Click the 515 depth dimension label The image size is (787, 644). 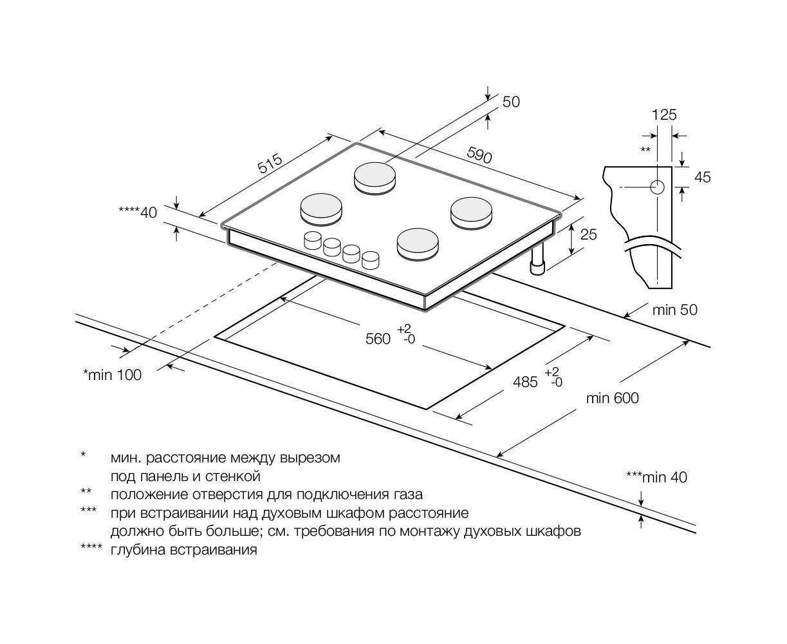(x=271, y=164)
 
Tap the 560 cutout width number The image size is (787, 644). (x=378, y=339)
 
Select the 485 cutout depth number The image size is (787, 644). (x=525, y=382)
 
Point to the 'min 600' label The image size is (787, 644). (x=612, y=399)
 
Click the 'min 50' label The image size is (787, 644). (x=674, y=310)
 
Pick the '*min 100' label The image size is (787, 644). (x=112, y=375)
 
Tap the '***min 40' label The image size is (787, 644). (x=656, y=477)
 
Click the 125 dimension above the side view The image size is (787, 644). (x=664, y=115)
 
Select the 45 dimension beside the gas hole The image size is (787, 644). (x=703, y=177)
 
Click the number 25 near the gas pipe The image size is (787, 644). (x=588, y=234)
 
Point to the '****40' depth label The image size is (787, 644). (x=138, y=212)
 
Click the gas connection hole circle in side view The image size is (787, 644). (x=657, y=187)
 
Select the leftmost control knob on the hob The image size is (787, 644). (x=312, y=241)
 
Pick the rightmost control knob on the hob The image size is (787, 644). (x=371, y=260)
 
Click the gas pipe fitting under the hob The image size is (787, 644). (x=537, y=264)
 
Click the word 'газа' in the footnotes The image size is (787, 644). (x=407, y=495)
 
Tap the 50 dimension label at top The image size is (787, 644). (x=510, y=102)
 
